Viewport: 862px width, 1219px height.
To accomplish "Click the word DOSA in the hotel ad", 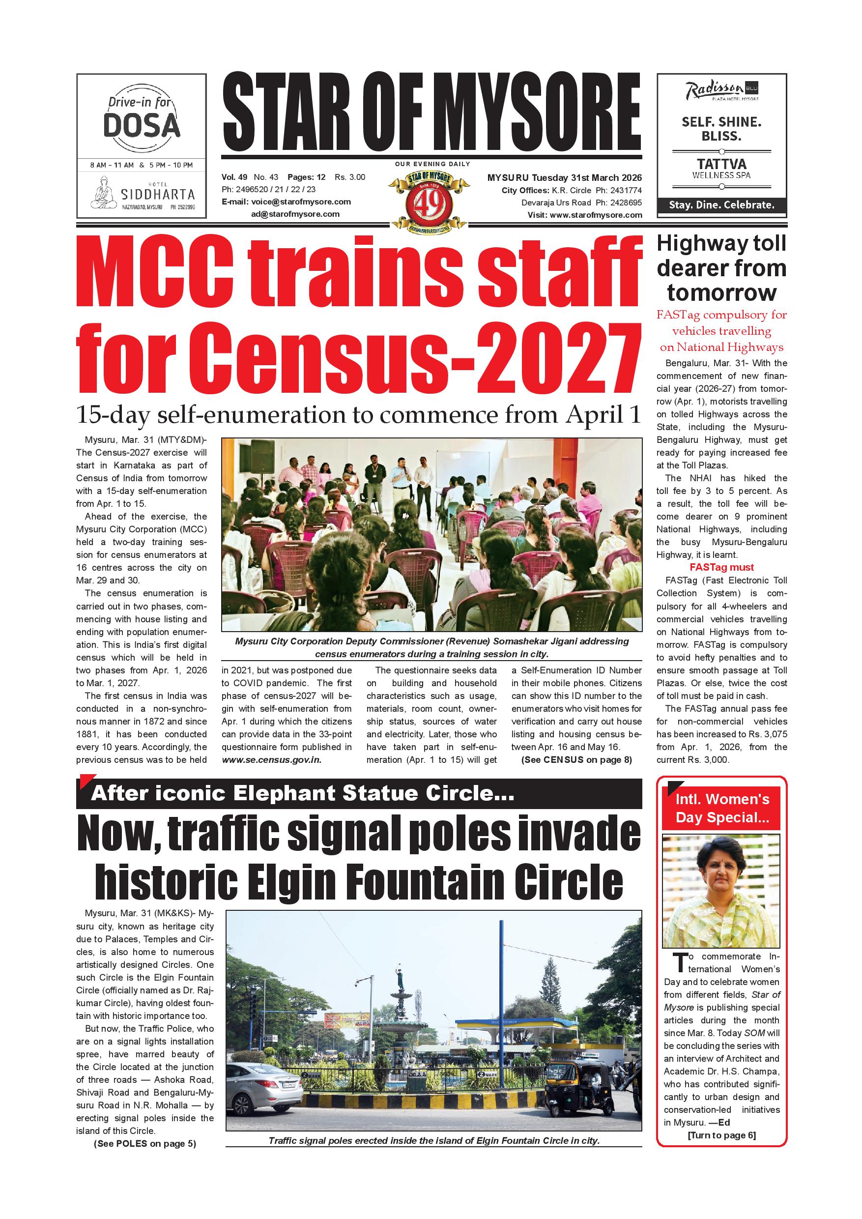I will pos(141,125).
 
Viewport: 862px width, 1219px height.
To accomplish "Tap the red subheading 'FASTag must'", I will pos(721,567).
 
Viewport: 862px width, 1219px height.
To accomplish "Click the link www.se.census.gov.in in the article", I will pos(272,760).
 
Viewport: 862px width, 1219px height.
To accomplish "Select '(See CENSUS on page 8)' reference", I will pos(576,760).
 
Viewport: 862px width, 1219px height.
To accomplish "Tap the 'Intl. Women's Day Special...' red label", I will pos(722,808).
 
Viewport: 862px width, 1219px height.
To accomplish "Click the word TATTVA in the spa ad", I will pos(721,164).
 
